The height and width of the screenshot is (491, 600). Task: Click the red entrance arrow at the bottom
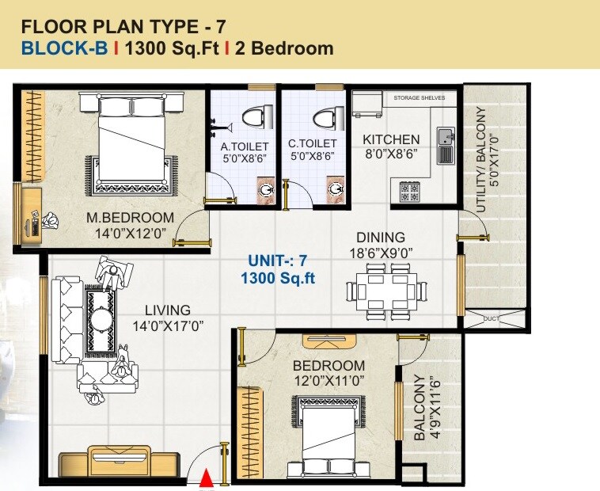tap(206, 478)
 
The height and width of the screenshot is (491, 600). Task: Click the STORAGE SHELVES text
tap(420, 98)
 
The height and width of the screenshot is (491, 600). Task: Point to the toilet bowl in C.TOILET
tap(324, 118)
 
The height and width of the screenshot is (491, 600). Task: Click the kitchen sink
tap(446, 144)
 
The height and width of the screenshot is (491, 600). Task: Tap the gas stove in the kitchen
tap(409, 190)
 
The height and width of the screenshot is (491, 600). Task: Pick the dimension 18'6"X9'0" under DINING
tap(380, 253)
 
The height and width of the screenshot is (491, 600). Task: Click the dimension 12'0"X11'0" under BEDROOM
tap(328, 381)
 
